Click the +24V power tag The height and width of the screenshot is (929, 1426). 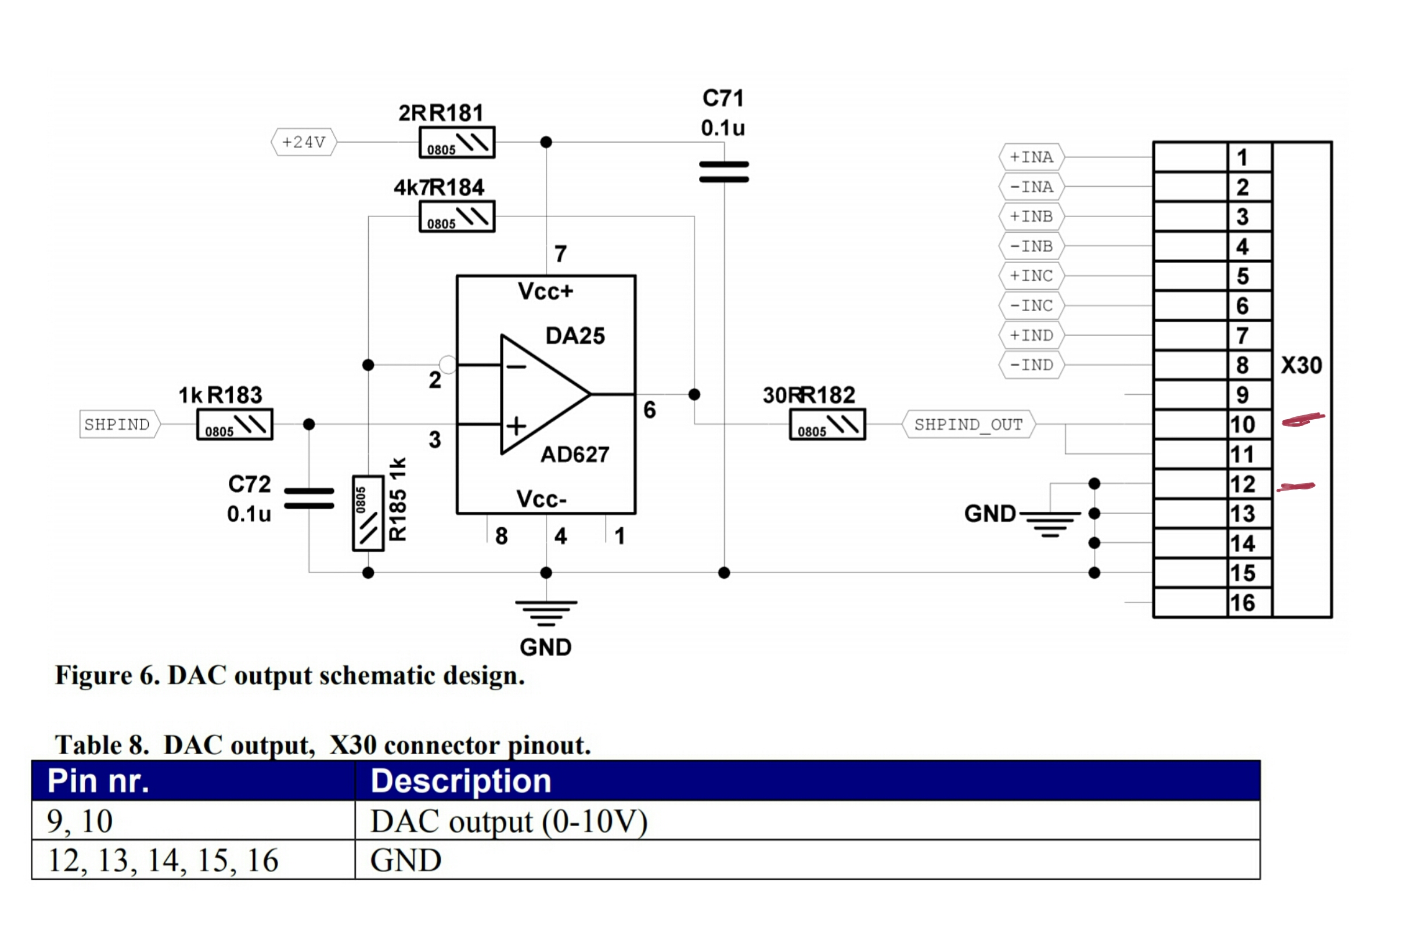[x=304, y=142]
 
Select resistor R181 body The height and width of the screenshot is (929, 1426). [x=456, y=143]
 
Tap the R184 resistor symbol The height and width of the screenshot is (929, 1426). [x=456, y=217]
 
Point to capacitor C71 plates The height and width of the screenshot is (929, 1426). [x=724, y=171]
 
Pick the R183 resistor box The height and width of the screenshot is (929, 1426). [x=235, y=424]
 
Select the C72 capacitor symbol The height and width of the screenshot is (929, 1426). [x=308, y=498]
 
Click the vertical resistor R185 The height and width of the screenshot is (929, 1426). [x=368, y=513]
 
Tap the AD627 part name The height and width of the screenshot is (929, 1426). [x=575, y=455]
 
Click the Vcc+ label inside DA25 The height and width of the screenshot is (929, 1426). [x=545, y=291]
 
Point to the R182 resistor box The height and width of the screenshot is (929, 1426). [x=827, y=424]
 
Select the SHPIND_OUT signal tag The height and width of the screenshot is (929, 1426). [x=968, y=424]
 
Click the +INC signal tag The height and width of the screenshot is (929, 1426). [x=1031, y=276]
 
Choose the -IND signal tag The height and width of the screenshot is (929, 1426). [x=1031, y=365]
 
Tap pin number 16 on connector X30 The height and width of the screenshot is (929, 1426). [x=1243, y=602]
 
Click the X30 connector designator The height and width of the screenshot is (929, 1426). [x=1301, y=365]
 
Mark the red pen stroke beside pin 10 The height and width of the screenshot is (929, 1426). [x=1302, y=419]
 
